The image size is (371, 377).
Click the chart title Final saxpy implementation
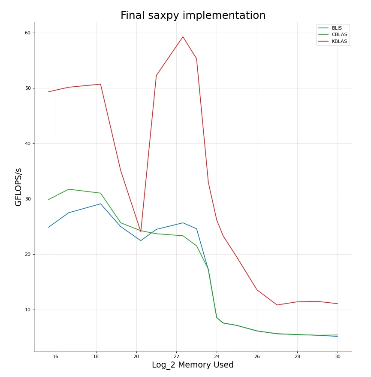(193, 16)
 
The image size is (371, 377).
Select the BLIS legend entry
(337, 28)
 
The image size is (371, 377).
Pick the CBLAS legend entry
(339, 35)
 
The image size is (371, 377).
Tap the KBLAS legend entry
(339, 42)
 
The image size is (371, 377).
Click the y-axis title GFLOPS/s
(18, 187)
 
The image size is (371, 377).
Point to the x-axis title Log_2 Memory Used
(193, 365)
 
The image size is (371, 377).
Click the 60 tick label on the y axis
(27, 33)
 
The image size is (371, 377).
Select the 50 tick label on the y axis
(27, 88)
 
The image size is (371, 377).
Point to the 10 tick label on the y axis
(27, 310)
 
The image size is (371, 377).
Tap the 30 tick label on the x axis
(338, 356)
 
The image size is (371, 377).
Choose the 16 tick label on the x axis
(56, 356)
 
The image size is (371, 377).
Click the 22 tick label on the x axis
(176, 356)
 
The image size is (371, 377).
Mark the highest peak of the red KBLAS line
(183, 37)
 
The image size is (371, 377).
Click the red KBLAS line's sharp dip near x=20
(141, 232)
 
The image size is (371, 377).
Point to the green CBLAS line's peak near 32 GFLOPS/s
(69, 189)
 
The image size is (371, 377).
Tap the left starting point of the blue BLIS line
(48, 227)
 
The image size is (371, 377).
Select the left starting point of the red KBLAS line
(48, 91)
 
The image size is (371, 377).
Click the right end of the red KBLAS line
(338, 304)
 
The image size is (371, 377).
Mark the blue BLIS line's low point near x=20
(141, 240)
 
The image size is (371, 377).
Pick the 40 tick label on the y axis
(27, 144)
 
